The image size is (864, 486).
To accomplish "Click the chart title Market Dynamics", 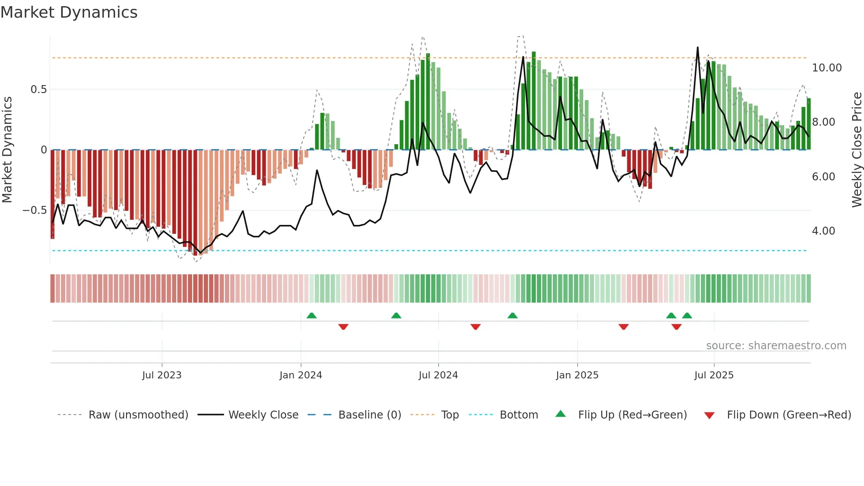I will [x=69, y=12].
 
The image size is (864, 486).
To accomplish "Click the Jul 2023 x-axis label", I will [x=162, y=375].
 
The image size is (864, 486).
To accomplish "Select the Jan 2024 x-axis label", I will [x=301, y=375].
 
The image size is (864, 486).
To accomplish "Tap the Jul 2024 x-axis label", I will [x=438, y=375].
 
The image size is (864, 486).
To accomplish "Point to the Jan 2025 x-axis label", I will [x=577, y=375].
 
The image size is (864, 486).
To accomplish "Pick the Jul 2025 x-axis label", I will [x=714, y=375].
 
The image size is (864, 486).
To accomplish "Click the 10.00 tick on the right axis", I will [x=827, y=68].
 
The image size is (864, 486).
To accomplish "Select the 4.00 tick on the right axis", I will [x=823, y=231].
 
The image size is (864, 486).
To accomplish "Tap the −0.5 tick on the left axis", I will [x=34, y=210].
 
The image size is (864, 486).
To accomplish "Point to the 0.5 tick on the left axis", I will [x=38, y=90].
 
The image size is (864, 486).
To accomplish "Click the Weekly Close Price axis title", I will [x=857, y=150].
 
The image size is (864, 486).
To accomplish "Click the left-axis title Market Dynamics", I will [x=7, y=150].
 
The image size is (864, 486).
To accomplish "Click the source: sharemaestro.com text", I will [x=776, y=346].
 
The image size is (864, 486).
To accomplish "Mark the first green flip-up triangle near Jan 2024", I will [x=312, y=315].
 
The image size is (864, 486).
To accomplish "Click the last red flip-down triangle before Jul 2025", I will [x=676, y=327].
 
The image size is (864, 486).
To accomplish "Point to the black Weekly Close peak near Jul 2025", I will [x=697, y=48].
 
